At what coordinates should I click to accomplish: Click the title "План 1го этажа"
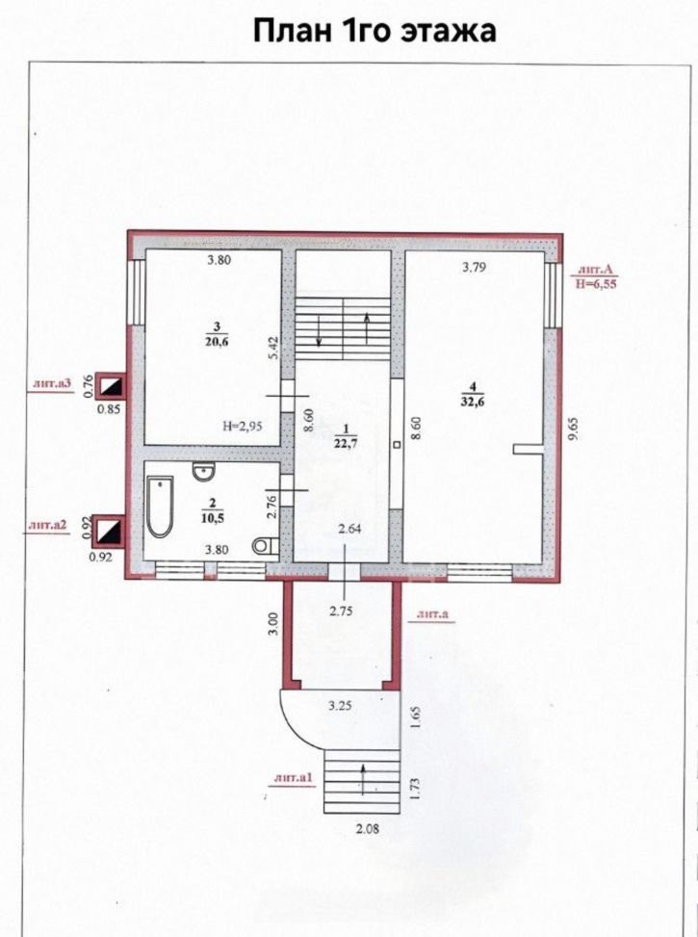[375, 31]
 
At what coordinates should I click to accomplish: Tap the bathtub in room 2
[160, 507]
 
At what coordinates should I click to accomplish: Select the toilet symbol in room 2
[266, 546]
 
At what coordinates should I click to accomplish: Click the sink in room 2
[203, 471]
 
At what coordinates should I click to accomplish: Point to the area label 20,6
[217, 341]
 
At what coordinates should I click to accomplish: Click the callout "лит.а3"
[51, 384]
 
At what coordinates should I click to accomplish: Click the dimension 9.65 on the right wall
[575, 429]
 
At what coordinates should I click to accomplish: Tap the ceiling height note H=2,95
[242, 426]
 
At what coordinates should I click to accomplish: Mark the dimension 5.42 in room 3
[274, 347]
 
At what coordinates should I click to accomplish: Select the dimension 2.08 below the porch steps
[368, 829]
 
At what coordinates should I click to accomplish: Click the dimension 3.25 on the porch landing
[340, 705]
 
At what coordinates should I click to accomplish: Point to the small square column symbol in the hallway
[397, 445]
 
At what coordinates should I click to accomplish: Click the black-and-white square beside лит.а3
[112, 386]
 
